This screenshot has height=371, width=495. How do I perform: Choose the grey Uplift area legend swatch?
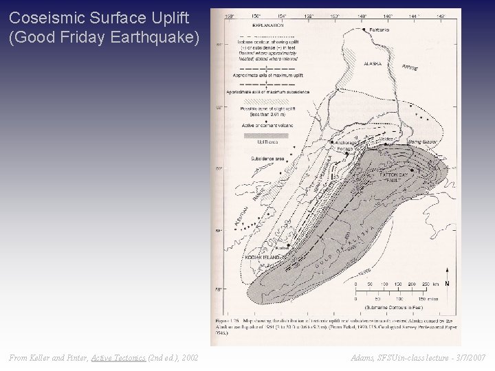[268, 135]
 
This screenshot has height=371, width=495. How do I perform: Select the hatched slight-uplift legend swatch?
[268, 100]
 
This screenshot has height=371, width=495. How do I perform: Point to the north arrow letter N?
[448, 284]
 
